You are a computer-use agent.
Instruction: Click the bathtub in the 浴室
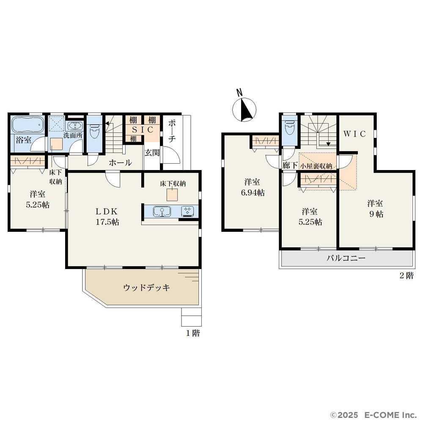tap(28, 125)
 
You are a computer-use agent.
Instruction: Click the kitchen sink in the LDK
tap(162, 211)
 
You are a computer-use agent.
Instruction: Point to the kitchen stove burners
tap(187, 211)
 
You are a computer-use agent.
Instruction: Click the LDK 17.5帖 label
tap(107, 216)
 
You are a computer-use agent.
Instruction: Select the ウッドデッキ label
tap(146, 288)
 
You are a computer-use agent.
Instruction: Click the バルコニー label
tap(346, 258)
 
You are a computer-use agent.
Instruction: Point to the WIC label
tap(354, 134)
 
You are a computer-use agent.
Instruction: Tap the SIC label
tap(143, 129)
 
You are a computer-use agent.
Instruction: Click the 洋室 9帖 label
tap(376, 209)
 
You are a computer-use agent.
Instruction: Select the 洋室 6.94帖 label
tap(253, 187)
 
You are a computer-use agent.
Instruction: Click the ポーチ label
tap(172, 131)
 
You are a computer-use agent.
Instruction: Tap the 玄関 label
tap(152, 153)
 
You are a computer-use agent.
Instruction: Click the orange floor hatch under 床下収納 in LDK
tap(172, 195)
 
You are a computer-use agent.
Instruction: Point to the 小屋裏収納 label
tap(316, 166)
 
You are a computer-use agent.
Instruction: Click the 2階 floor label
tap(406, 275)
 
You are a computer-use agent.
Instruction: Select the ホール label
tap(120, 163)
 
